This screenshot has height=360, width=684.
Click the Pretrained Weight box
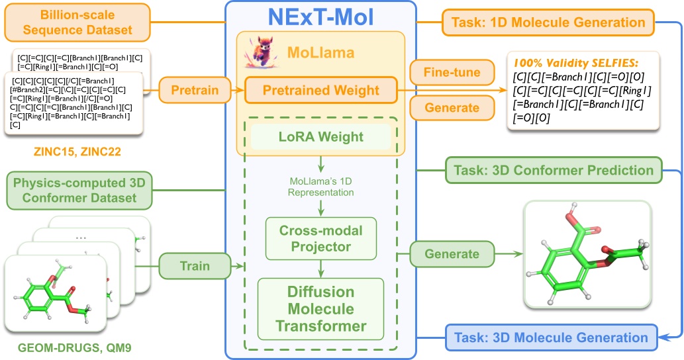tap(321, 90)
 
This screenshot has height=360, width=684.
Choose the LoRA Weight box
tap(321, 137)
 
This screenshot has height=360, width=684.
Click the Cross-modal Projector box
tap(321, 238)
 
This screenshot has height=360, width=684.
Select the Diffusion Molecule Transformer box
tap(321, 309)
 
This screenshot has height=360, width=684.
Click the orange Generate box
tap(452, 107)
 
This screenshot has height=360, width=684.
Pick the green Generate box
tap(452, 253)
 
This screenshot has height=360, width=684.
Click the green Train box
tap(194, 267)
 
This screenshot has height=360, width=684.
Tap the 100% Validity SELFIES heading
tap(575, 63)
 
